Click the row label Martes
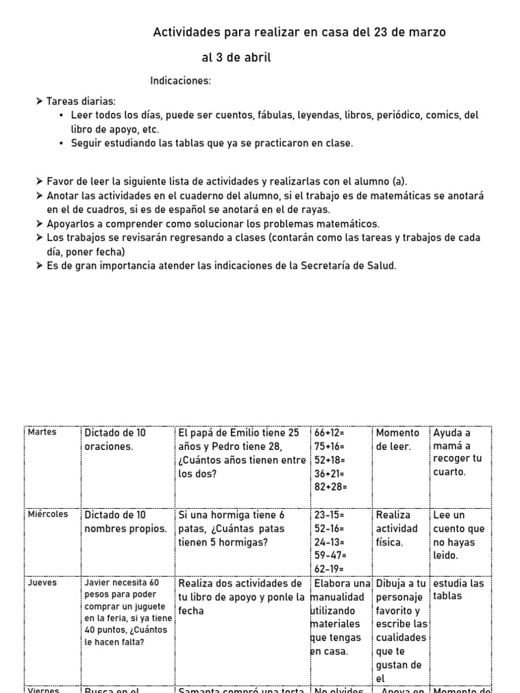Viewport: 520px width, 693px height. [x=43, y=432]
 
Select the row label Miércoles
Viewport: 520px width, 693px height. [x=48, y=514]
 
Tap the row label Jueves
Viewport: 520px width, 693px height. [x=43, y=582]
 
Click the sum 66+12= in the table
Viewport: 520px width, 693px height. [x=330, y=432]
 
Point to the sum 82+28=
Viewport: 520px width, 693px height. [x=330, y=487]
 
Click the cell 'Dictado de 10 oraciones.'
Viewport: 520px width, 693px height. [x=115, y=439]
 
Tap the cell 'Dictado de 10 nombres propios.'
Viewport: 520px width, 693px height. [x=125, y=522]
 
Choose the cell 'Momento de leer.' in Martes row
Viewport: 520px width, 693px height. [x=398, y=439]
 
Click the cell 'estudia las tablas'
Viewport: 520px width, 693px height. [x=458, y=589]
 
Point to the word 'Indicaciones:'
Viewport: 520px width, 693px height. [x=181, y=81]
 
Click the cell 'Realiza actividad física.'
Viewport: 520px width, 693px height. [x=397, y=529]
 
